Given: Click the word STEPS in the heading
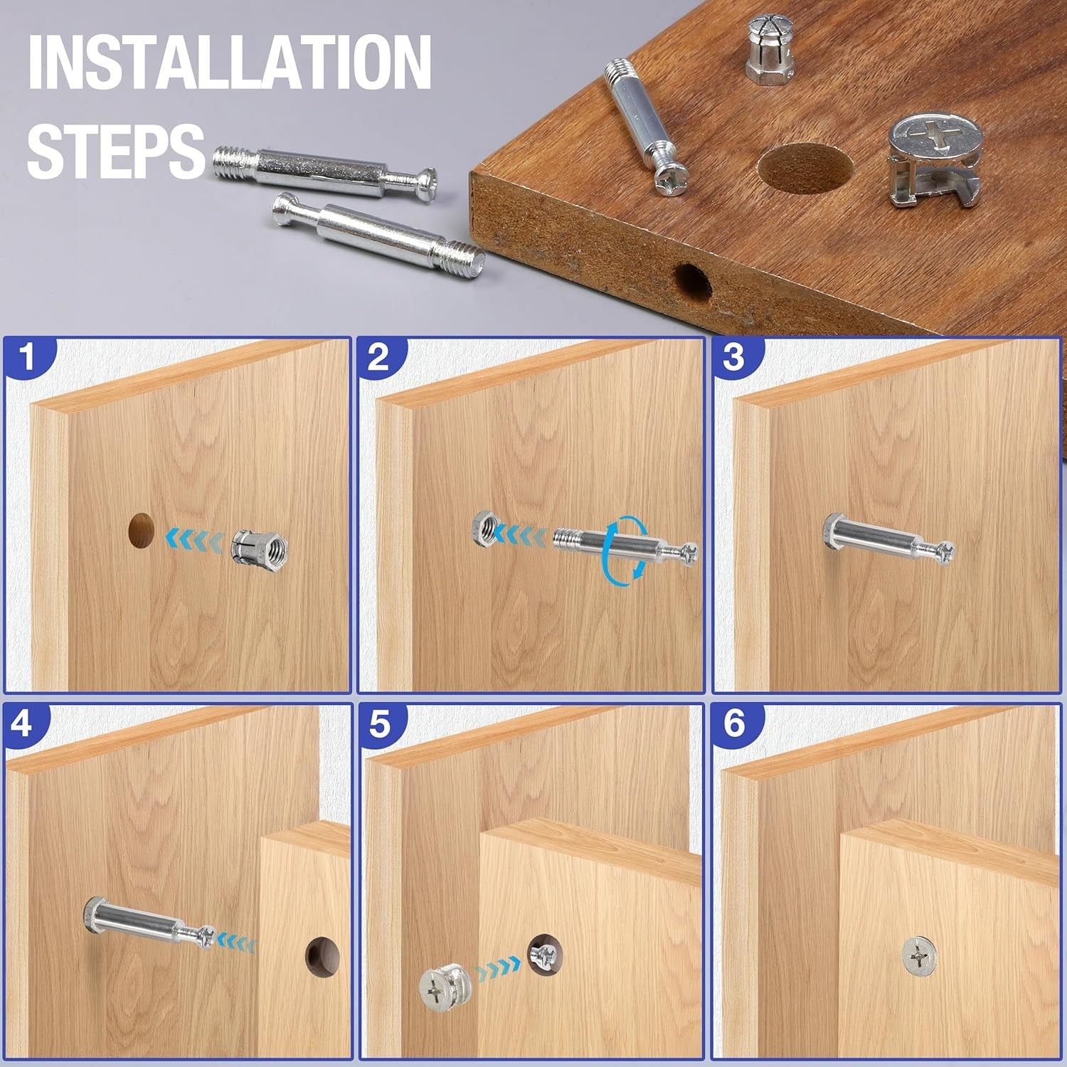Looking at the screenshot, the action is coord(116,149).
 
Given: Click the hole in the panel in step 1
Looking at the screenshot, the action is coord(142,530).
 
